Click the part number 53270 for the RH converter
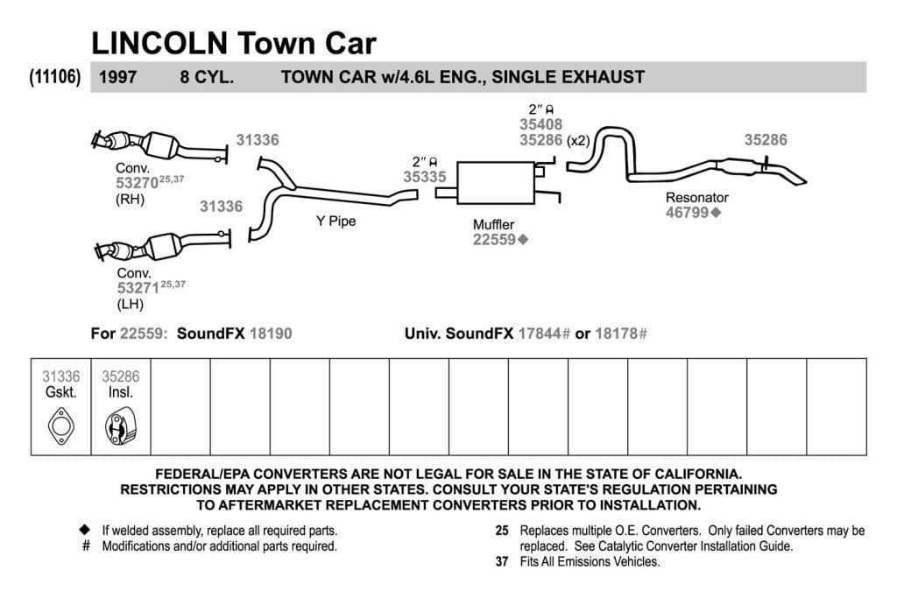[137, 183]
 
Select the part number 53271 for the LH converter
[138, 287]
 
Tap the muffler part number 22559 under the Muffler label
[494, 240]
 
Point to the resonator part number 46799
[687, 212]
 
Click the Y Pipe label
[335, 222]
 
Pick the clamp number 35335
[425, 177]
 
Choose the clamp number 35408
[540, 124]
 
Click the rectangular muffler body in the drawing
[496, 183]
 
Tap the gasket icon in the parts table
[60, 426]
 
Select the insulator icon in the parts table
[120, 426]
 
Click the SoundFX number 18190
[271, 334]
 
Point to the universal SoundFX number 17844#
[544, 334]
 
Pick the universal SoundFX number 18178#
[621, 334]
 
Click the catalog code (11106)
[55, 76]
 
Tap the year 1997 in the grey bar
[118, 77]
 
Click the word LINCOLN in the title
[159, 43]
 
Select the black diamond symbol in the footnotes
[85, 530]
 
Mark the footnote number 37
[502, 561]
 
